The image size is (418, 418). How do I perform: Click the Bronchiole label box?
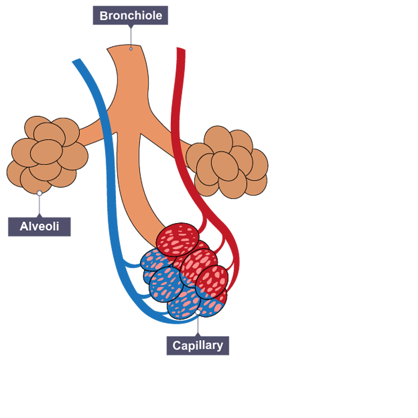click(131, 15)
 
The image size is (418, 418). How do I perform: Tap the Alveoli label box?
click(39, 226)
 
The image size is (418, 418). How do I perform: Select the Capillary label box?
click(198, 345)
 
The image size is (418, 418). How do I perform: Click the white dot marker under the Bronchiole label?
click(131, 48)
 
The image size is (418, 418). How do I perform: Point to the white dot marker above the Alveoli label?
click(39, 193)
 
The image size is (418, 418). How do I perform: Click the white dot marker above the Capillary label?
click(198, 312)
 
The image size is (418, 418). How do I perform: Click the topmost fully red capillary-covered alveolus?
click(178, 239)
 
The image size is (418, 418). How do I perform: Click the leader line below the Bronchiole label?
click(131, 36)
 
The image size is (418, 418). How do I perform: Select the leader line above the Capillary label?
click(198, 325)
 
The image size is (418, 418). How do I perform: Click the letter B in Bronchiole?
click(104, 16)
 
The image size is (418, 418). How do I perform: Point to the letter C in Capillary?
click(177, 345)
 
